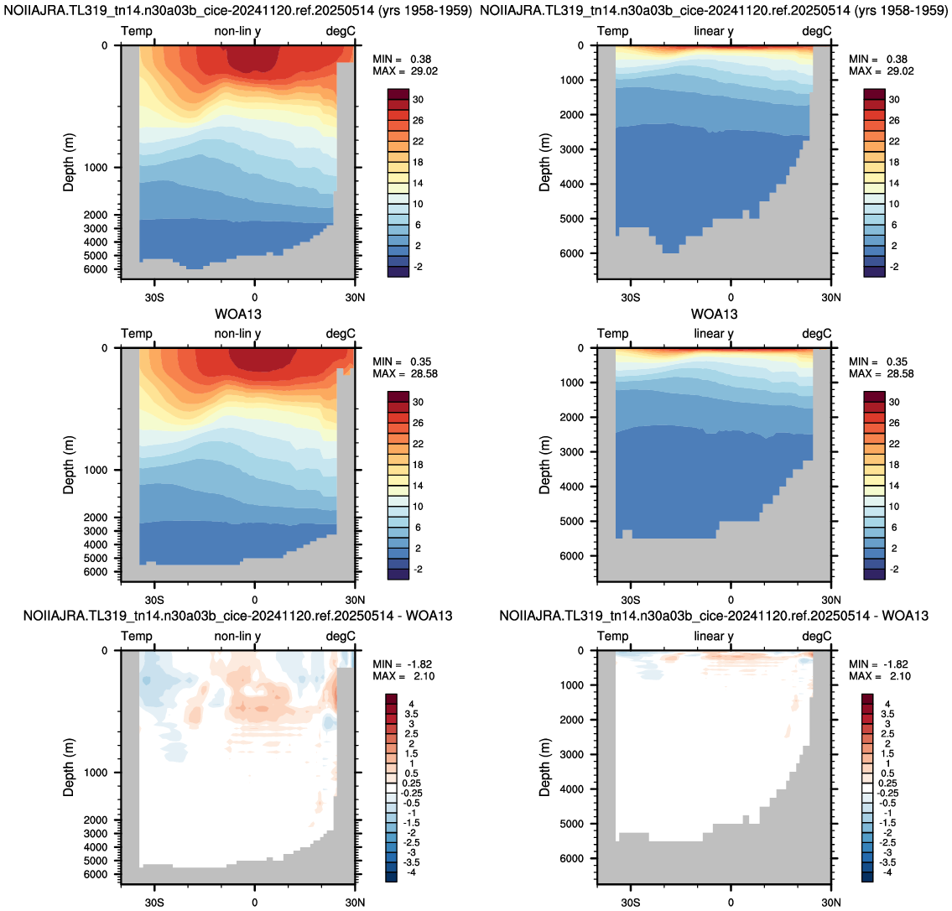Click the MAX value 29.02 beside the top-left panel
click(424, 71)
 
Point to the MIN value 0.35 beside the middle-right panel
click(897, 362)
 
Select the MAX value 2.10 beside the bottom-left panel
click(424, 676)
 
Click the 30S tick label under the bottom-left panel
click(154, 903)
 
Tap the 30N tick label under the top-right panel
click(831, 298)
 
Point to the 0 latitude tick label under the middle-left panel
click(254, 600)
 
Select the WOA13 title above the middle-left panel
click(238, 315)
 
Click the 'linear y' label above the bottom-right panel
click(714, 637)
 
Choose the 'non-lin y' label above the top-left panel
click(237, 32)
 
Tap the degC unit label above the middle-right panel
click(817, 334)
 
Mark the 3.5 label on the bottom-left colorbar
click(411, 714)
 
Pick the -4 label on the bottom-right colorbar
click(887, 872)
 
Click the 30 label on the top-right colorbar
click(894, 100)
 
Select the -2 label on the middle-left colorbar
click(418, 570)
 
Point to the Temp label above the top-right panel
click(612, 32)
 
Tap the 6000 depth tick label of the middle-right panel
click(570, 556)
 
